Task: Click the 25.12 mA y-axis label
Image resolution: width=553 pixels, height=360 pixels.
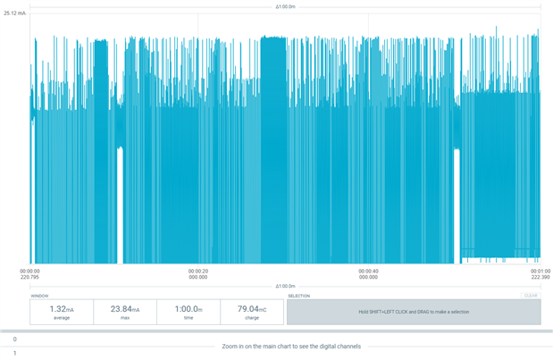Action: click(14, 13)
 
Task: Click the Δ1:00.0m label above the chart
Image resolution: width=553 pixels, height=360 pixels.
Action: click(285, 7)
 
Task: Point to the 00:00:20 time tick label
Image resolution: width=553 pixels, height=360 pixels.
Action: click(198, 271)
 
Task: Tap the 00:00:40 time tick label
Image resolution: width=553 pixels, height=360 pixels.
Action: click(367, 271)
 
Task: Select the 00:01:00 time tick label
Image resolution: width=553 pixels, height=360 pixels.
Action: click(540, 271)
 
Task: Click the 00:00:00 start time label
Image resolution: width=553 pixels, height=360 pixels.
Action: click(29, 271)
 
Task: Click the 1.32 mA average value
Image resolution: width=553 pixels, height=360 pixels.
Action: click(61, 309)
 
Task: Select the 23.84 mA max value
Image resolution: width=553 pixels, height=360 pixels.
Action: click(125, 309)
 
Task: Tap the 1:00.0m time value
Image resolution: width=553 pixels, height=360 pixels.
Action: click(189, 309)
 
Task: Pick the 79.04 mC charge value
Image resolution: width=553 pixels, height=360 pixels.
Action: click(251, 309)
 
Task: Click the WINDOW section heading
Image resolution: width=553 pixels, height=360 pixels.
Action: click(39, 296)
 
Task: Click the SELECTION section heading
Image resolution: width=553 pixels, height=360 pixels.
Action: click(298, 296)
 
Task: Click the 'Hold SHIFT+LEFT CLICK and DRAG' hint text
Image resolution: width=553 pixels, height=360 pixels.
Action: click(414, 312)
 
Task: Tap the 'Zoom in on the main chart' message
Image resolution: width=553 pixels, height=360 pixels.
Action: click(291, 346)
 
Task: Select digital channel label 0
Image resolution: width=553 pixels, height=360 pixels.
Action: click(14, 339)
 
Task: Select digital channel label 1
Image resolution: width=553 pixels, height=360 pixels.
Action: click(14, 353)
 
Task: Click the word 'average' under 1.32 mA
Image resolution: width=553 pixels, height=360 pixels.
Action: click(62, 318)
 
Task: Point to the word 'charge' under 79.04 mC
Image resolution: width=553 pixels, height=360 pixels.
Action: click(251, 318)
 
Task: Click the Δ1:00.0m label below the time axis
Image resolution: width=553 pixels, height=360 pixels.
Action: click(285, 286)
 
